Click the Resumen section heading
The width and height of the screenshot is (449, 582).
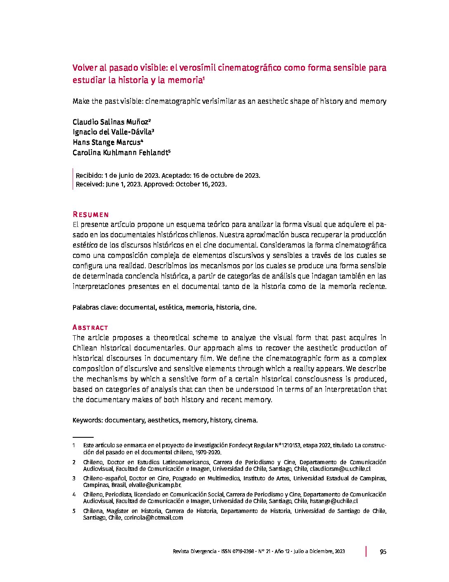90,215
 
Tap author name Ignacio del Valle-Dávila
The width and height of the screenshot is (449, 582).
112,132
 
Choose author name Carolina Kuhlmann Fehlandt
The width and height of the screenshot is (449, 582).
121,153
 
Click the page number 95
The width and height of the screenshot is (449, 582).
383,551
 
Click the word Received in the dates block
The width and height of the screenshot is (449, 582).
88,184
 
